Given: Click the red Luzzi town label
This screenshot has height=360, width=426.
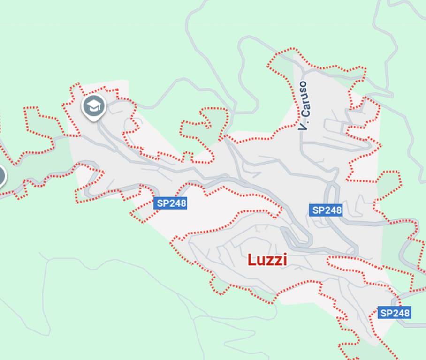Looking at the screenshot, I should (267, 260).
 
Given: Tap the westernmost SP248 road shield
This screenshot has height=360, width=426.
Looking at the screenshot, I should (170, 203).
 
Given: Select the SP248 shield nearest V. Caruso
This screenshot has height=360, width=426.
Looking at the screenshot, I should (326, 210).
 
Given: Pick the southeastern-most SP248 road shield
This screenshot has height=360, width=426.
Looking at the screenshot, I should (395, 313).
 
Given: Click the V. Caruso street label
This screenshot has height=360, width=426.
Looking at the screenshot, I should (304, 106).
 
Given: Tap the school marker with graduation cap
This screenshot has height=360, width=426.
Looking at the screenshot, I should (94, 106).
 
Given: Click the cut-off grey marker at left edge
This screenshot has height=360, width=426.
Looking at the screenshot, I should (1, 176).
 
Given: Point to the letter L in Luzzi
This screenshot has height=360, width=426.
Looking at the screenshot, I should (251, 260).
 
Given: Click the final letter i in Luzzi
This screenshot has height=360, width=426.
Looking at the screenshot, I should (284, 260).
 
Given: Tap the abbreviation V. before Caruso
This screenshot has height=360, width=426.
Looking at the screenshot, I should (304, 125).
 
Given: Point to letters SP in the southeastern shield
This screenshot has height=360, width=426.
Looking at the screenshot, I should (386, 313).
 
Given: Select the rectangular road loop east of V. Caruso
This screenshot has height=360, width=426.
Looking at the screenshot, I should (338, 126).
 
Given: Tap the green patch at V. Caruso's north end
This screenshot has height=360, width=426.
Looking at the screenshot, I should (284, 63).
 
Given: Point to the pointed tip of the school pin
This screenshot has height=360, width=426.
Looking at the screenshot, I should (94, 120).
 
